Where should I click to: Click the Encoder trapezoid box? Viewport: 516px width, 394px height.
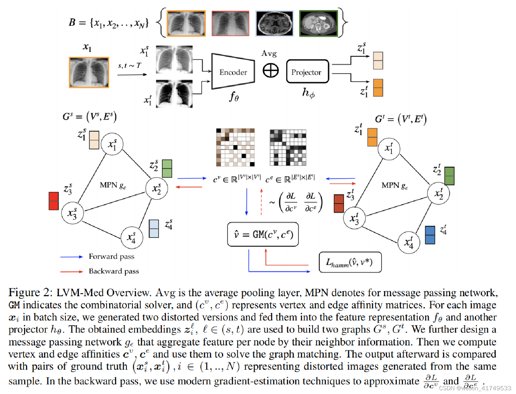coord(233,72)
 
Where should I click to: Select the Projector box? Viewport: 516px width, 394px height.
coord(307,72)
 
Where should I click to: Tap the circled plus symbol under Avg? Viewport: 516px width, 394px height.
coord(270,70)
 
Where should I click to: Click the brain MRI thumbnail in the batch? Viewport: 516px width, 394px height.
coord(274,23)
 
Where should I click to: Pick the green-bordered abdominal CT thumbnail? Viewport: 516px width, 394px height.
coord(318,23)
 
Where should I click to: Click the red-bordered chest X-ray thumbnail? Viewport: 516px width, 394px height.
coord(230,23)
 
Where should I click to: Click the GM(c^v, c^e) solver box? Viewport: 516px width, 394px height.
coord(263,234)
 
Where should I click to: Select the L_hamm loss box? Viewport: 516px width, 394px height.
coord(350,262)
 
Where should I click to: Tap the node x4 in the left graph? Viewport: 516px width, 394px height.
coord(132,238)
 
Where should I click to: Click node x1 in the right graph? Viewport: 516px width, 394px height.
coord(389,149)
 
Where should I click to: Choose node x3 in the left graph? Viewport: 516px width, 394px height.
coord(72,213)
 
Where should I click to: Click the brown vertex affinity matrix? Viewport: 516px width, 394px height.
coord(235,147)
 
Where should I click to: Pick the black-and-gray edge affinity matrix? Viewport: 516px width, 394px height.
coord(288,147)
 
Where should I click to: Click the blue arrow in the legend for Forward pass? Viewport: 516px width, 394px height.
coord(71,257)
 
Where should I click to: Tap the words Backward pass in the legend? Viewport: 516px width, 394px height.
coord(114,271)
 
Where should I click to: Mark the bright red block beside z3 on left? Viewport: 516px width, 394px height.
coord(54,201)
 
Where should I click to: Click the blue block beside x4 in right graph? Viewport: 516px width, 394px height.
coord(430,235)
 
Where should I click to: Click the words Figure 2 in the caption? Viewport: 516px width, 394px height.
coord(30,292)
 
